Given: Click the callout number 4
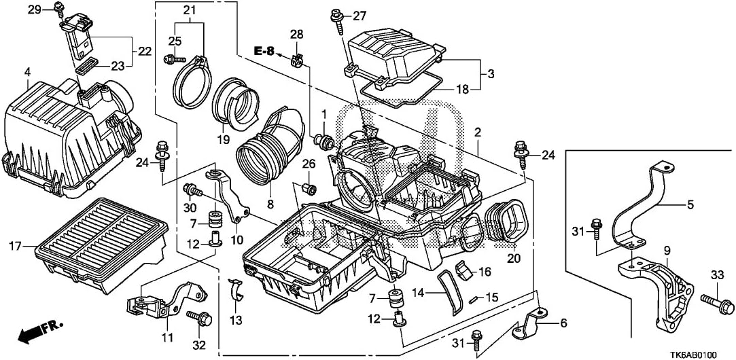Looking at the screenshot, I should (27, 72).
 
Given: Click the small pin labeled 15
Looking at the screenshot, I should (474, 298).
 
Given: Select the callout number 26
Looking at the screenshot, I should (308, 163).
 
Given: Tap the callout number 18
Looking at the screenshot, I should (461, 89).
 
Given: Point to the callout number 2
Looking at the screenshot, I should (478, 132).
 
